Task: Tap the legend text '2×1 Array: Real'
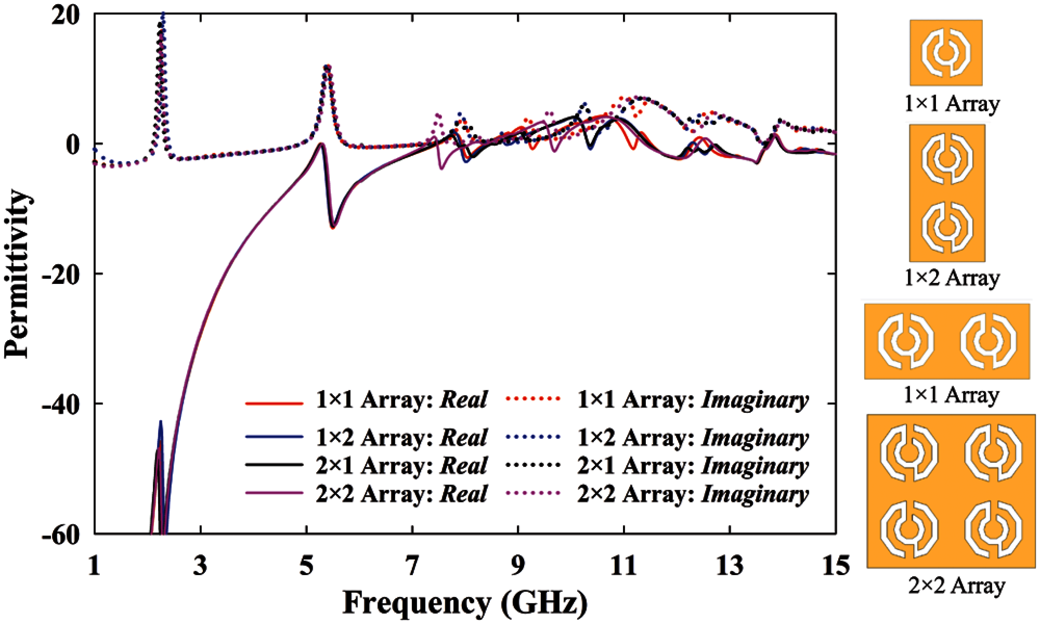(x=401, y=465)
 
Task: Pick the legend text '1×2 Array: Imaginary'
(x=693, y=438)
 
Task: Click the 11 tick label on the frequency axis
(x=624, y=566)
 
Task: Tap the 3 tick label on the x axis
(x=200, y=566)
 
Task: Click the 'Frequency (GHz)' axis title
(x=465, y=603)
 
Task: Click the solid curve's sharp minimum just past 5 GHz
(x=333, y=227)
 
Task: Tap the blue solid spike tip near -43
(x=161, y=422)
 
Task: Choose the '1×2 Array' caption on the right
(x=951, y=278)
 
